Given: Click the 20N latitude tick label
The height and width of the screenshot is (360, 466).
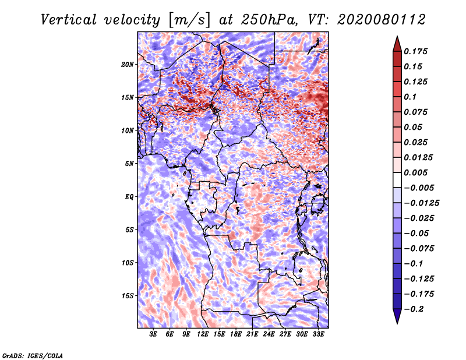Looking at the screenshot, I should click(x=128, y=64).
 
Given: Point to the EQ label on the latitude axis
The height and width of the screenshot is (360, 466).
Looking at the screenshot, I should click(x=129, y=196).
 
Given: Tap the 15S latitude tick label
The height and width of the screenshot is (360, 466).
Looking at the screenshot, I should click(x=128, y=295).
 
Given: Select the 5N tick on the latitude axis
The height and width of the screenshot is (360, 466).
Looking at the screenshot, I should click(x=129, y=163).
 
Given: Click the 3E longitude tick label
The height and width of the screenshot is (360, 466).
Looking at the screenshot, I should click(x=154, y=334).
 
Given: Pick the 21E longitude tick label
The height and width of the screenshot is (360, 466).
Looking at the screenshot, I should click(x=252, y=334).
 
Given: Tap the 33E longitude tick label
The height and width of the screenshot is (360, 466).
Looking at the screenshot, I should click(x=318, y=334).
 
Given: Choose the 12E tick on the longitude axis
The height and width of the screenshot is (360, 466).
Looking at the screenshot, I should click(x=203, y=334).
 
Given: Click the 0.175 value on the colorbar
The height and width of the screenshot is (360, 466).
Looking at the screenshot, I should click(x=416, y=52).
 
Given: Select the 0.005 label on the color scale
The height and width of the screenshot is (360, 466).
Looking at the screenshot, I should click(x=416, y=173).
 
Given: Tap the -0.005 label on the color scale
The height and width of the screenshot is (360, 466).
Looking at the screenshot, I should click(x=418, y=188).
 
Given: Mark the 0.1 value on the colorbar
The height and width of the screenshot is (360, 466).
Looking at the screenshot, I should click(x=411, y=97).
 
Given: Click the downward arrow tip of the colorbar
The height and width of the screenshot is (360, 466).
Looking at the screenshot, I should click(x=396, y=322).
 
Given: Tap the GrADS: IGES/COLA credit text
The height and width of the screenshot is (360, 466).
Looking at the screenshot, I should click(x=32, y=355).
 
